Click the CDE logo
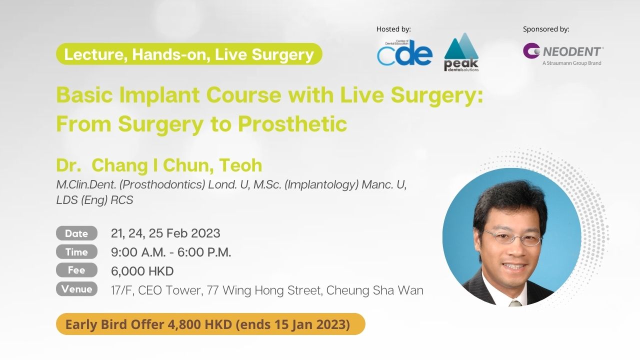(404, 52)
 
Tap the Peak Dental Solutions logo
(461, 52)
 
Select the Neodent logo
(563, 54)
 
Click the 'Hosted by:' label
(393, 29)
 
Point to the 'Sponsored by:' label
(546, 29)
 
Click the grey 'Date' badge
(76, 233)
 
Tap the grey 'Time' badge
(76, 252)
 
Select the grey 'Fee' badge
(76, 270)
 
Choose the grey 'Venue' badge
(76, 289)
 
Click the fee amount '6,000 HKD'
(142, 271)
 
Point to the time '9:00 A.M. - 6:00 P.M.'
(171, 252)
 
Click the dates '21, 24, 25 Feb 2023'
(165, 233)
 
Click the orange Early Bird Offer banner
(210, 324)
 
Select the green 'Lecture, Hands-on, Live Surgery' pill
(189, 54)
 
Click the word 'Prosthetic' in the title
(292, 124)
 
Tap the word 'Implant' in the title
(159, 95)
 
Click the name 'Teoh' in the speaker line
(240, 165)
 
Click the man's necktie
(515, 303)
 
